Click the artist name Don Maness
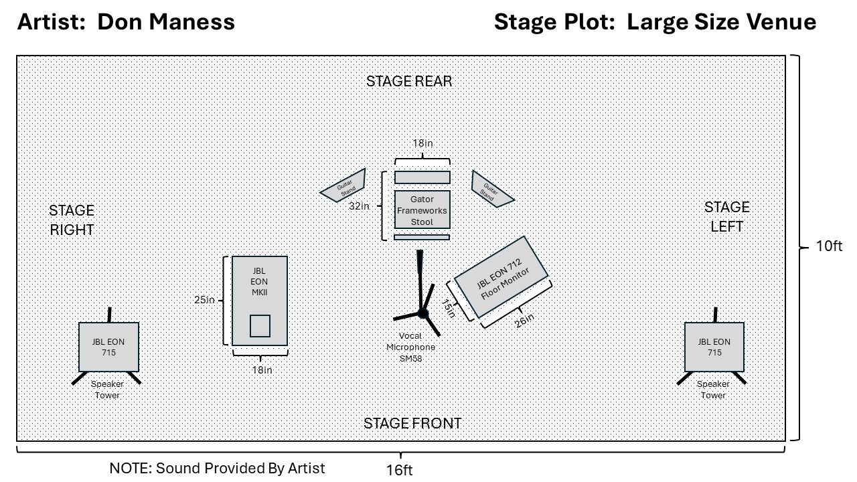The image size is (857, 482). [x=166, y=22]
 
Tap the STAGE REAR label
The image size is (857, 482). [x=409, y=82]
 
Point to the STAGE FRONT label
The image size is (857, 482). [x=412, y=423]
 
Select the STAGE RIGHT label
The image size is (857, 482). [x=72, y=220]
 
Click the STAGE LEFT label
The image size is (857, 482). [x=726, y=217]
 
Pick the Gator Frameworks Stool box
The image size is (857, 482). [x=422, y=210]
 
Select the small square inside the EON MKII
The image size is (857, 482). [x=260, y=325]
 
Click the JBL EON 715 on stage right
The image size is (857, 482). [x=108, y=347]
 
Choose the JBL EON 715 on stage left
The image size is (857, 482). [x=714, y=347]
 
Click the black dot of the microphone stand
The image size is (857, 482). [x=422, y=313]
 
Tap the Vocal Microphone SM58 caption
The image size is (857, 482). [x=410, y=347]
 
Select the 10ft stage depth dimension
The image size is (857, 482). [x=828, y=246]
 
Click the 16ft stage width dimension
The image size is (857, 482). [x=399, y=470]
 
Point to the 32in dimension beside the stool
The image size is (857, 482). [x=360, y=206]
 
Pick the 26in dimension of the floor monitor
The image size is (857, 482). [x=525, y=321]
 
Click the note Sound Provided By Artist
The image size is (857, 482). [x=217, y=469]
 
